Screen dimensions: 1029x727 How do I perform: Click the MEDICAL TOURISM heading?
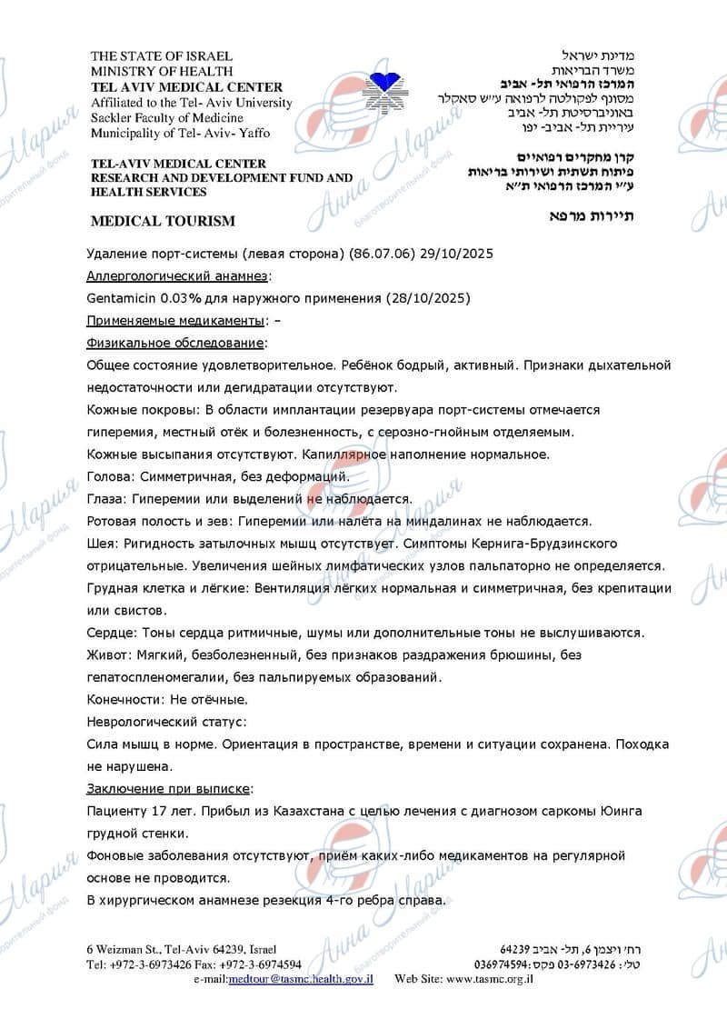[x=163, y=221]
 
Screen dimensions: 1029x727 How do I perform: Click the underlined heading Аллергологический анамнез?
[x=177, y=276]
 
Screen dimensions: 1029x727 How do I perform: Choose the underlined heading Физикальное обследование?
[x=176, y=343]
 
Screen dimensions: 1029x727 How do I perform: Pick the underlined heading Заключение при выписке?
[x=170, y=787]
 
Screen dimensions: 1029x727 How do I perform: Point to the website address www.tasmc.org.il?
[x=491, y=979]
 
